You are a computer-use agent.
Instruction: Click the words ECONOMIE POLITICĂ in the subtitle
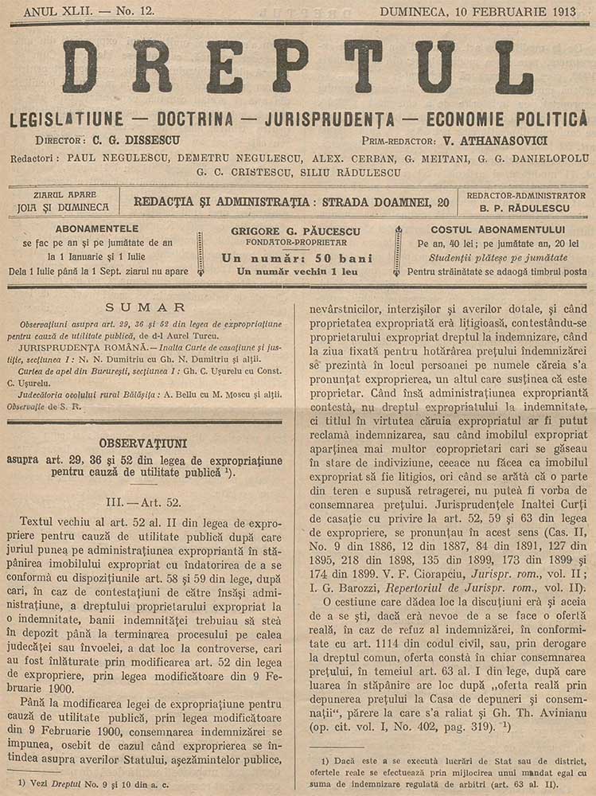tap(506, 120)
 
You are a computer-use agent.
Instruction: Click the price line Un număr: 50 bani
tap(298, 257)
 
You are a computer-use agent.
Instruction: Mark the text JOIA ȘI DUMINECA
tap(66, 209)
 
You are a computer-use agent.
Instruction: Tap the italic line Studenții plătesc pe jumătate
tap(497, 257)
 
